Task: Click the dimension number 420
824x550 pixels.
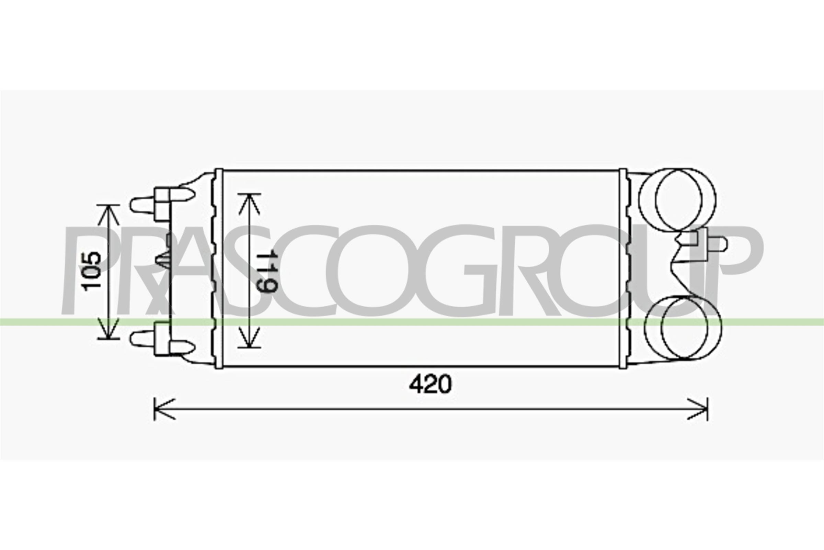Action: tap(431, 384)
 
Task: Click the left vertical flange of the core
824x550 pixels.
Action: tap(219, 268)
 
